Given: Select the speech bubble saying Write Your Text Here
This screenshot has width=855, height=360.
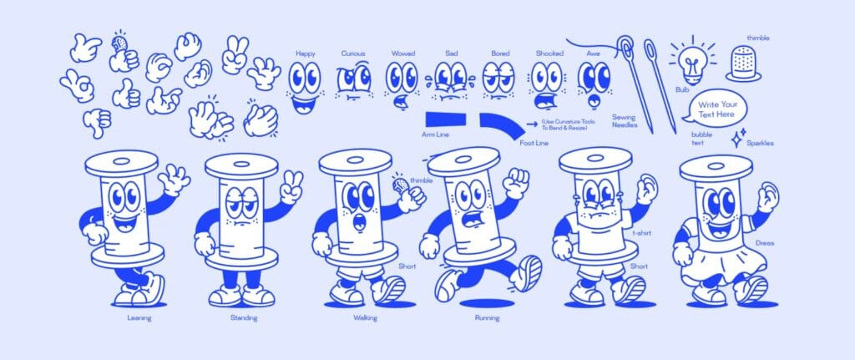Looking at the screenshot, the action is point(715,109).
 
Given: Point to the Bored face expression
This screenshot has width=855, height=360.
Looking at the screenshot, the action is point(499,80).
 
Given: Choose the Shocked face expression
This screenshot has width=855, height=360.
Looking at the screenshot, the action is point(547,84).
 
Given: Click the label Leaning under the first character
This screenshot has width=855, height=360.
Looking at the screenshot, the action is point(139,318).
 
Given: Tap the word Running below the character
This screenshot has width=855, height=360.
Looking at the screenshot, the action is point(487,318).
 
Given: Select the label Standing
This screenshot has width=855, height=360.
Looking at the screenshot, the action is point(243,318).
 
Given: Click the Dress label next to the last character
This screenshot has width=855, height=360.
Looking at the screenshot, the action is point(765,243).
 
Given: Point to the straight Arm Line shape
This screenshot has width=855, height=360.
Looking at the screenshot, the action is point(446,119).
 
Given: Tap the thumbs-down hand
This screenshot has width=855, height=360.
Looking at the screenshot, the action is point(97,122).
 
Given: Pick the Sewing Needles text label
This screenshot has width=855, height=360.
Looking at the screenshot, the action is point(625,120).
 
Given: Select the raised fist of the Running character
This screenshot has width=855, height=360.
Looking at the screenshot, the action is point(515,183).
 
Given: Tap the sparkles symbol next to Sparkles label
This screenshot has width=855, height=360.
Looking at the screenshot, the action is point(738,138).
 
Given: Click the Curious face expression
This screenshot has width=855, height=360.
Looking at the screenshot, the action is point(354,82).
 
